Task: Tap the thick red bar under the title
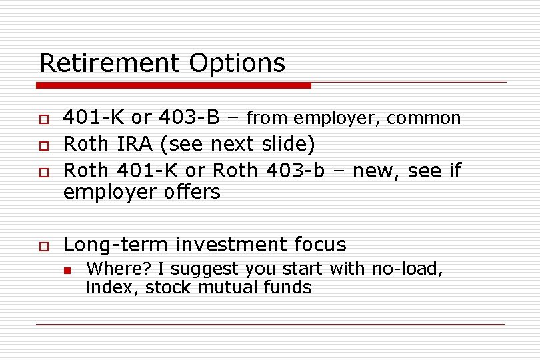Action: pyautogui.click(x=173, y=85)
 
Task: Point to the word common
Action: pyautogui.click(x=423, y=119)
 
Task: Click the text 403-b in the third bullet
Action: pyautogui.click(x=295, y=171)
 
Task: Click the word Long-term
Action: pyautogui.click(x=116, y=245)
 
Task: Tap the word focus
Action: pyautogui.click(x=320, y=245)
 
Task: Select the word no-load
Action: pyautogui.click(x=405, y=269)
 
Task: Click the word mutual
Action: pyautogui.click(x=243, y=288)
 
